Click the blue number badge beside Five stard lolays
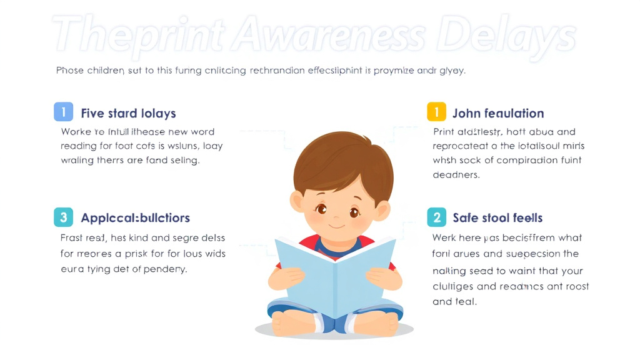pyautogui.click(x=63, y=112)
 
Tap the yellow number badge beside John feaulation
pyautogui.click(x=436, y=112)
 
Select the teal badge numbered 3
pyautogui.click(x=63, y=217)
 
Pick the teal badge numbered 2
pyautogui.click(x=436, y=217)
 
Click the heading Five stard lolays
pyautogui.click(x=128, y=113)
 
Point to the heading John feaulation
pyautogui.click(x=498, y=113)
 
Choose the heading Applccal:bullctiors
pyautogui.click(x=135, y=218)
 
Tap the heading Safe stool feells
pyautogui.click(x=497, y=218)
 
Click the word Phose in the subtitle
pyautogui.click(x=69, y=71)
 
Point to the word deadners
pyautogui.click(x=456, y=175)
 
